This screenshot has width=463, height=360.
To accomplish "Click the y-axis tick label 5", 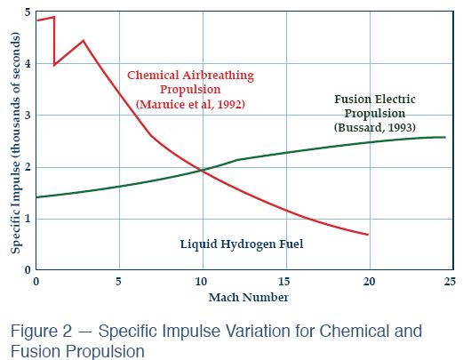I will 28,13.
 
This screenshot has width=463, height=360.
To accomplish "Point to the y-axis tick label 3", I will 28,116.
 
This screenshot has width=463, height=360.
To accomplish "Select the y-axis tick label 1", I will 28,218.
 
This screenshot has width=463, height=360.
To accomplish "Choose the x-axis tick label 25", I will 450,282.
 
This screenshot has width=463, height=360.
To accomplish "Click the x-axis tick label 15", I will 284,282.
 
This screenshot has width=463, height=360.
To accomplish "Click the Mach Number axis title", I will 243,296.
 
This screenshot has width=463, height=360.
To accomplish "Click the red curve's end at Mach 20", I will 367,235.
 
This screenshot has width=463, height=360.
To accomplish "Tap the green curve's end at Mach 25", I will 444,137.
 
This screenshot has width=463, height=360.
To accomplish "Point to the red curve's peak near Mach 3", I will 83,41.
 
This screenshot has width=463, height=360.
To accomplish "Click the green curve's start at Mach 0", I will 36,196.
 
